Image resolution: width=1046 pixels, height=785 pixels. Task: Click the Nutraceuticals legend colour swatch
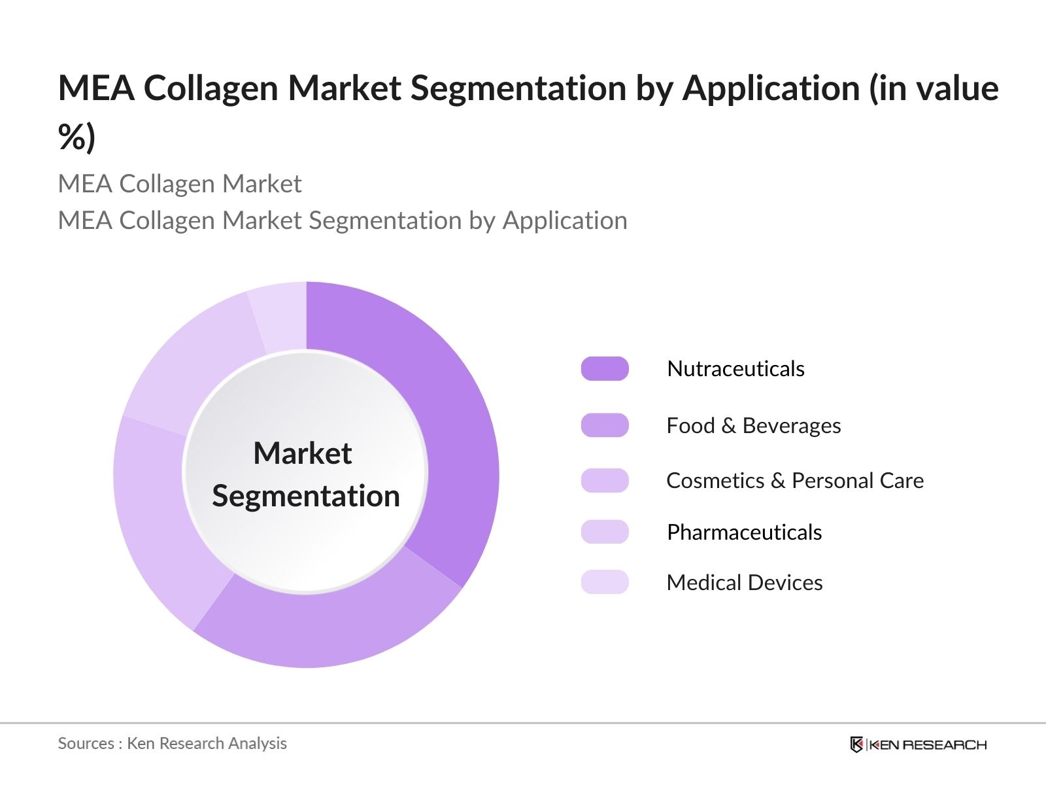[x=605, y=369]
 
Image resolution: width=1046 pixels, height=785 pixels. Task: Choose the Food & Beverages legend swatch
[x=605, y=425]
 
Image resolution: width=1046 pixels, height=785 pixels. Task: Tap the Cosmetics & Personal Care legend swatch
[x=605, y=481]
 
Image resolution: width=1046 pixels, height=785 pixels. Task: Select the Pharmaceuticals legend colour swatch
[x=605, y=532]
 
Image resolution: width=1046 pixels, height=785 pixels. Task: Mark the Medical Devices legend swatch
[x=605, y=582]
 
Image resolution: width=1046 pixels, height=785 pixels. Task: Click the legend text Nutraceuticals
[x=735, y=369]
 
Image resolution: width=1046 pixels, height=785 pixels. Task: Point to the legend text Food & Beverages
[x=753, y=426]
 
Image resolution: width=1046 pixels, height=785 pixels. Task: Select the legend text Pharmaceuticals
[x=744, y=532]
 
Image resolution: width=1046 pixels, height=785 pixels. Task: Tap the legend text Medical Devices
[x=744, y=583]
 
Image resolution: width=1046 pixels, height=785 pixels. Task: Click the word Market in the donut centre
[x=303, y=453]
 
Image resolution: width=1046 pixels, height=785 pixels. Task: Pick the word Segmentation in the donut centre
[x=306, y=496]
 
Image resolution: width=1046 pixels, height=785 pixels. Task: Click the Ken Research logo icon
[x=856, y=744]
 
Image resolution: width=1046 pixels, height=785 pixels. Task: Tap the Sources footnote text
[x=173, y=744]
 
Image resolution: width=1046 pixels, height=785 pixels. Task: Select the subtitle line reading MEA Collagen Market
[x=180, y=184]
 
